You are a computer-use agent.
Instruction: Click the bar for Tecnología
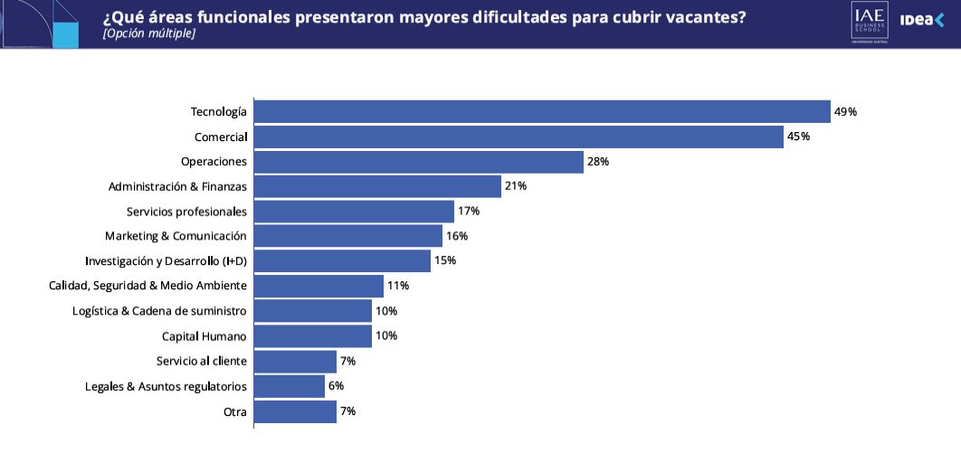tap(542, 111)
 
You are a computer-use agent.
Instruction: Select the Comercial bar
tap(519, 137)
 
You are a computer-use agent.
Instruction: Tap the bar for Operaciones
tap(418, 162)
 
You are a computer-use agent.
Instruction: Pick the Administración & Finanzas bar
tap(377, 186)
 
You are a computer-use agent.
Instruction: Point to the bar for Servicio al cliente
tap(295, 361)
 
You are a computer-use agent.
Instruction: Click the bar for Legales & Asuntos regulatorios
tap(289, 386)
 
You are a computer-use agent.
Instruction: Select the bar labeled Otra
tap(295, 411)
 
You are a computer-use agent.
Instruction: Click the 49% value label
tap(845, 112)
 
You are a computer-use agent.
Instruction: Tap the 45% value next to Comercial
tap(798, 137)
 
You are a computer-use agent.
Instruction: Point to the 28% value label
tap(598, 162)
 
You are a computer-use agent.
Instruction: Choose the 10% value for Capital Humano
tap(386, 336)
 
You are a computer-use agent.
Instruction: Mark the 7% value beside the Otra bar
tap(347, 411)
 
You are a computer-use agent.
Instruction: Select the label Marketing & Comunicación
tap(176, 236)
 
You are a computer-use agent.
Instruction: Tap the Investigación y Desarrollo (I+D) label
tap(166, 261)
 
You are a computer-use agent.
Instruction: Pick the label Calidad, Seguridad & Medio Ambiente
tap(147, 286)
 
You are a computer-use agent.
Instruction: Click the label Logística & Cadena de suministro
tap(159, 311)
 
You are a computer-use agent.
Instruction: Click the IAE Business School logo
tap(869, 23)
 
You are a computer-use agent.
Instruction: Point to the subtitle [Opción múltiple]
tap(149, 33)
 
